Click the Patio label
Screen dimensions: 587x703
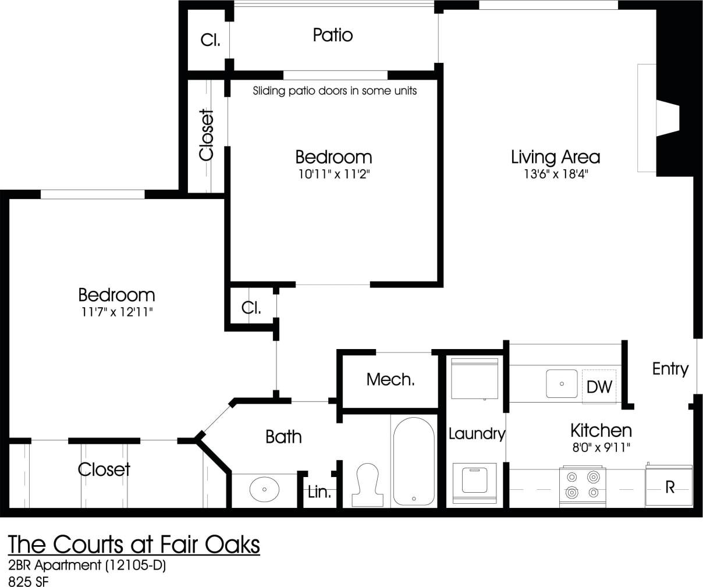332,35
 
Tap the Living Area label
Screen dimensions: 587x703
555,157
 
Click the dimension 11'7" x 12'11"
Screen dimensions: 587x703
116,312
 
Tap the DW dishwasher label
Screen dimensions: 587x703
599,386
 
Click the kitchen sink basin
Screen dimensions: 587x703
562,384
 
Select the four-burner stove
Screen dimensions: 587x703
583,485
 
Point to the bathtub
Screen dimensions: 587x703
413,461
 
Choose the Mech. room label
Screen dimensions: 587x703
390,380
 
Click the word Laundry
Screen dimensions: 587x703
476,434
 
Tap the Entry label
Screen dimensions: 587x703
670,369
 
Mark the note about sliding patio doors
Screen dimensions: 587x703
335,91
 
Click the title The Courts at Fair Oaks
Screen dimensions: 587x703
134,545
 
